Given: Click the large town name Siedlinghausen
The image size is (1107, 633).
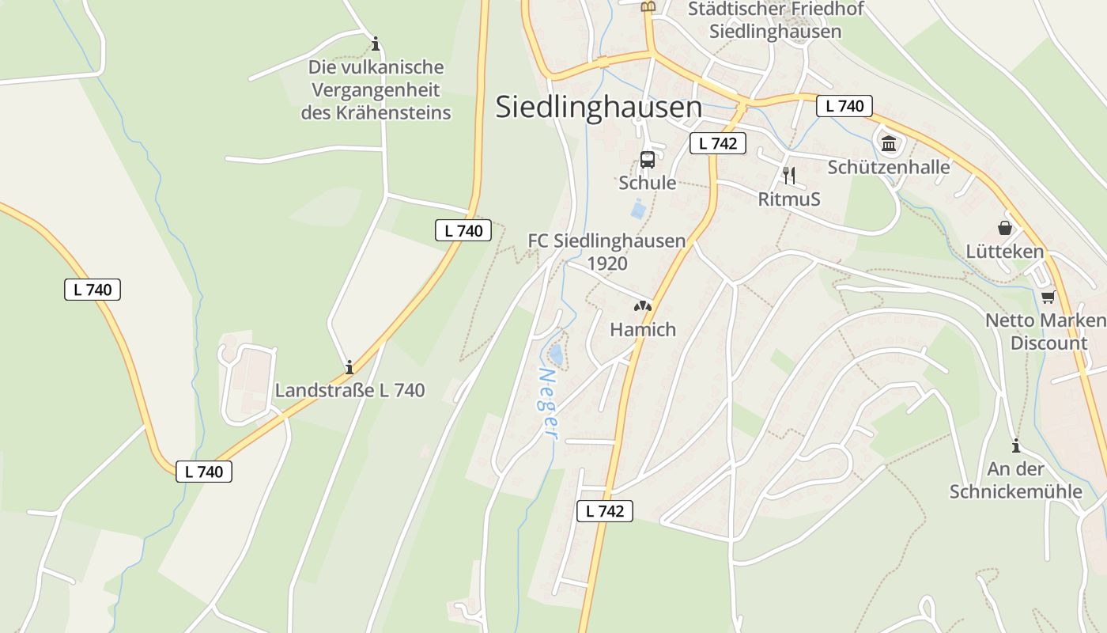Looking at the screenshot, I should point(599,108).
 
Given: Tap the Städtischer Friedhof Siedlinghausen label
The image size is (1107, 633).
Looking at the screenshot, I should point(775,21).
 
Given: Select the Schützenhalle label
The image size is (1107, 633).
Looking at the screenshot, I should point(889,167).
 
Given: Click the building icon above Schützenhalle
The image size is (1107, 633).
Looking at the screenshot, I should point(889,144).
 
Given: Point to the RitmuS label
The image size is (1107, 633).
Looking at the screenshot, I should point(788,199).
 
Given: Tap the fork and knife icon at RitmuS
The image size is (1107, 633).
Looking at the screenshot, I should point(788,176).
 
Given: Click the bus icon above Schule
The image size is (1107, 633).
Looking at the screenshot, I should point(647,159).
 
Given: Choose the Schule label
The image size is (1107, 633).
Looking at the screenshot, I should point(647,183).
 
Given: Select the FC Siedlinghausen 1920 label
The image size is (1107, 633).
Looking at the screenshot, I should point(606,252).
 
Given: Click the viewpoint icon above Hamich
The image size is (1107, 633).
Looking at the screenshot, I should point(643,306).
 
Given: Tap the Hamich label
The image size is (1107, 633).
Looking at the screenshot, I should point(643,329).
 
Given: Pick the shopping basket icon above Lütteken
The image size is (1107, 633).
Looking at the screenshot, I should point(1005,228).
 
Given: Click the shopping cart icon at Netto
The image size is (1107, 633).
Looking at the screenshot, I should point(1048,297).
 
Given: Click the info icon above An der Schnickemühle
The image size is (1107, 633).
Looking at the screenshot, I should point(1016,445).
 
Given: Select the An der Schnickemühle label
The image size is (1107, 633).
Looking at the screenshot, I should point(1015,479).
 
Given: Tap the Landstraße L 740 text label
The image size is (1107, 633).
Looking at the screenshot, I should point(349,390).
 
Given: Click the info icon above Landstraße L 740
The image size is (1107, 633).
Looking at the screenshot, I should point(349,367).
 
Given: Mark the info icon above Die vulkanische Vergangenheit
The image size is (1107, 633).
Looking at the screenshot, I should point(376,43).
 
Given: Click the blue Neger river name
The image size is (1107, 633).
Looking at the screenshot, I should point(548,403).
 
